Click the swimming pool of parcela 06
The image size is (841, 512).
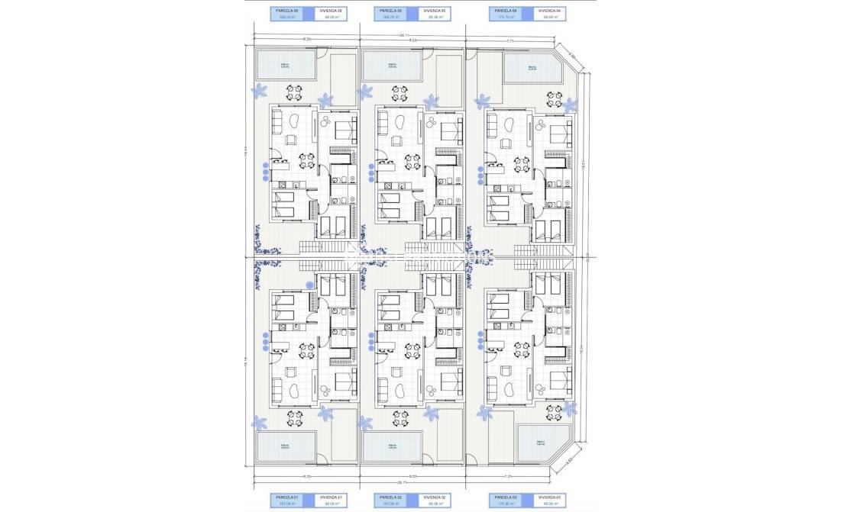286,65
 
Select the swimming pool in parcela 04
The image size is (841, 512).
532,69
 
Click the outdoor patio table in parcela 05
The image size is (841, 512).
399,92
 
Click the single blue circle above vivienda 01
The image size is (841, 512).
309,285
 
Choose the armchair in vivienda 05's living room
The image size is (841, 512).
397,140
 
